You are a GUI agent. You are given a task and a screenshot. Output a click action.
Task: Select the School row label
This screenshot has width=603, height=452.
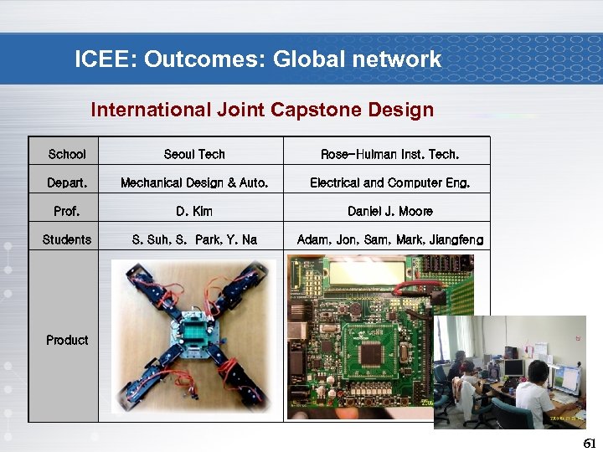tap(67, 154)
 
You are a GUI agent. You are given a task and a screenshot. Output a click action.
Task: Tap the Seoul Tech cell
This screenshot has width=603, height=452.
tap(194, 154)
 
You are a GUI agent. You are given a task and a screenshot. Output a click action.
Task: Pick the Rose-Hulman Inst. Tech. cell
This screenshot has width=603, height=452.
tap(390, 154)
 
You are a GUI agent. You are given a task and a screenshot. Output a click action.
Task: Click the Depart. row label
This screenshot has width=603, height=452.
tap(67, 182)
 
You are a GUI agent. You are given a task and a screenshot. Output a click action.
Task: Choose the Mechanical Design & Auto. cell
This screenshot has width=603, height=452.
tap(194, 182)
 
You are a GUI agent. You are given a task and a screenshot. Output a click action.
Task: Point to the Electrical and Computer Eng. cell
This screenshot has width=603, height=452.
tap(390, 182)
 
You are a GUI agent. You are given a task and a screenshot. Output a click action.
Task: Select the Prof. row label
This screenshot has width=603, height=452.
tap(67, 211)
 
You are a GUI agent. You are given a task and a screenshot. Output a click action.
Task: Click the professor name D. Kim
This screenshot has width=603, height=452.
tap(194, 211)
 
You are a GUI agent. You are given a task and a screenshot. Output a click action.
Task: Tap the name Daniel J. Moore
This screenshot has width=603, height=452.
tap(390, 211)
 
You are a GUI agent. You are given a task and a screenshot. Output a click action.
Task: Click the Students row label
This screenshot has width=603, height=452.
tap(67, 239)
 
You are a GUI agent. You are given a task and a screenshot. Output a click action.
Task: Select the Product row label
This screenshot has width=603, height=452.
tap(67, 340)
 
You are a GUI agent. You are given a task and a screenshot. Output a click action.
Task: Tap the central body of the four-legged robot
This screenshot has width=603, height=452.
tap(194, 333)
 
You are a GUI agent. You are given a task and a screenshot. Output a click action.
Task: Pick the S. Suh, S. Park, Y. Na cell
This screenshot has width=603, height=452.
tap(194, 239)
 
